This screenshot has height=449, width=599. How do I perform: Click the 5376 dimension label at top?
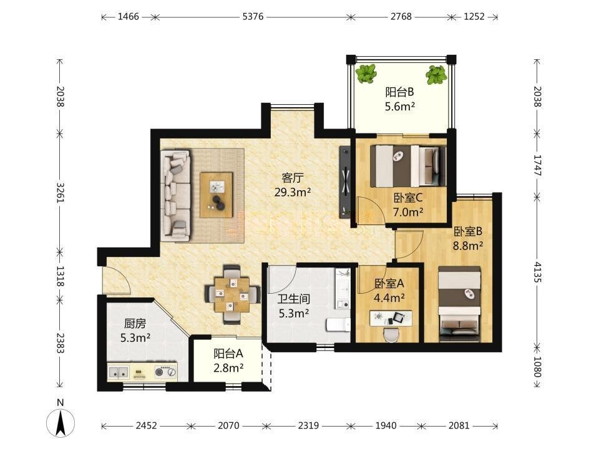point(253,17)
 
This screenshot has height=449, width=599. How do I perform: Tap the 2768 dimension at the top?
point(401,17)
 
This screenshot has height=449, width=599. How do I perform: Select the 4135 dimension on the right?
point(537,272)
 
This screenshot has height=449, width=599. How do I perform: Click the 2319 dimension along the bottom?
point(308,425)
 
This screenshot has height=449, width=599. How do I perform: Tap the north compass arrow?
point(61,422)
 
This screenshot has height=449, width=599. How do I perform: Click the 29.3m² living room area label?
point(293,192)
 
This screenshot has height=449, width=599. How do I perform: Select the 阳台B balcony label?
point(399,92)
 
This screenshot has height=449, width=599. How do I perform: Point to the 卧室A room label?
point(389,283)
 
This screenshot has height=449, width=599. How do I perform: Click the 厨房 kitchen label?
point(135,324)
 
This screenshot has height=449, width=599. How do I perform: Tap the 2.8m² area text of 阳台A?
point(228,368)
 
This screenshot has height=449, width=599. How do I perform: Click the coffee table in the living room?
point(217,195)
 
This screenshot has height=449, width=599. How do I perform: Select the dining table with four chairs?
point(232,294)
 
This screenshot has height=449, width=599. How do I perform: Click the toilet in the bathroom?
point(338,324)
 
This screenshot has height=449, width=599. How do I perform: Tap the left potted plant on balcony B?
point(366,74)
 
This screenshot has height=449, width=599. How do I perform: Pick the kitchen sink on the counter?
point(119,372)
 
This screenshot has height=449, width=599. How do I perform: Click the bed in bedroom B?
point(459,304)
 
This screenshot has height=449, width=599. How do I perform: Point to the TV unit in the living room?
point(345,183)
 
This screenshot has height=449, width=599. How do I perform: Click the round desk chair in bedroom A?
point(391,336)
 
